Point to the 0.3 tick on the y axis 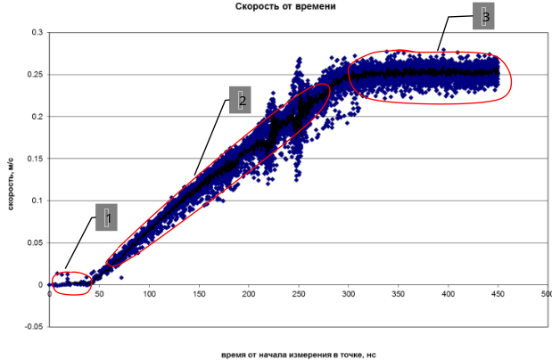tap(37, 33)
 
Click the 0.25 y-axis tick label tap(35, 75)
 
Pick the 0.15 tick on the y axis tap(35, 159)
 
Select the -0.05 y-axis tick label tap(33, 327)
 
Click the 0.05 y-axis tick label tap(35, 243)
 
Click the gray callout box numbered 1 tap(106, 217)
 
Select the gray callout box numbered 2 tap(239, 100)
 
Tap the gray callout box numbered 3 tap(482, 16)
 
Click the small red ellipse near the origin tap(71, 282)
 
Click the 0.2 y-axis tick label tap(37, 117)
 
